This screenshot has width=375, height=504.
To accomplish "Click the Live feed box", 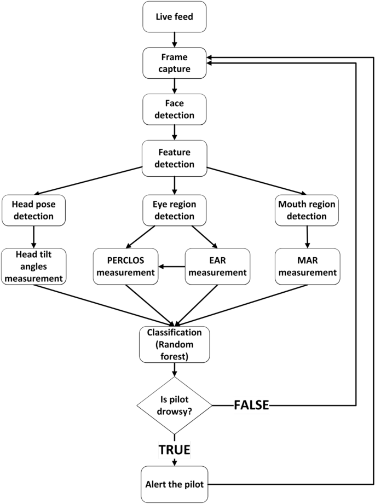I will click(x=175, y=16).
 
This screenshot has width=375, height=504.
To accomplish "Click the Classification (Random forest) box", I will click(x=175, y=344).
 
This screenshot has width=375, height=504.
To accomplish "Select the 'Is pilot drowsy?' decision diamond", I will click(x=175, y=405).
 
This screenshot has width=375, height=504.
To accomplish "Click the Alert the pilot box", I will click(x=175, y=484).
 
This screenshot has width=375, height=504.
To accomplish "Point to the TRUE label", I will click(x=175, y=450).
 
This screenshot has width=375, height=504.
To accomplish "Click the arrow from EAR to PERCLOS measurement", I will click(x=171, y=267).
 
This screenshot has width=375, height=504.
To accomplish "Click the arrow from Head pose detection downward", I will click(x=34, y=236).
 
